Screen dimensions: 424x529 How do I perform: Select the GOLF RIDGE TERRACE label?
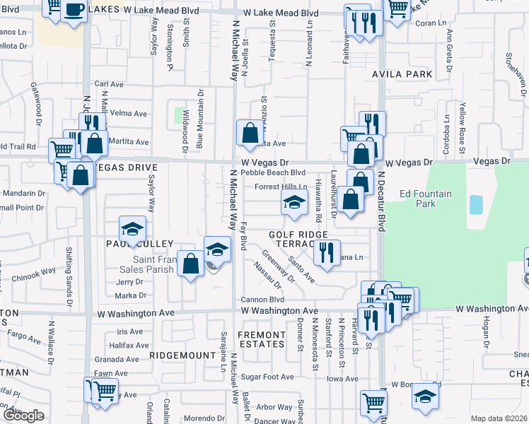tap(298, 239)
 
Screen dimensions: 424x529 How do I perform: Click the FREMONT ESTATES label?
tap(261, 339)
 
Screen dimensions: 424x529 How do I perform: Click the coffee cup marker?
tap(74, 9)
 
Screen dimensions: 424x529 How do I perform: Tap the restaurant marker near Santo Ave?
tap(325, 252)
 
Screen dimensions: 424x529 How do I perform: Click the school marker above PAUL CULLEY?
tap(132, 228)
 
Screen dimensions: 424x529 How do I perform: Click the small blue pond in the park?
tap(476, 205)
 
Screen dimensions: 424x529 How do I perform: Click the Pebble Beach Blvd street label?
tap(273, 172)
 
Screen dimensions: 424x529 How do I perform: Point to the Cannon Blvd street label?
tap(262, 300)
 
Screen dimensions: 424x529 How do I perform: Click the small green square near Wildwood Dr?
tap(180, 114)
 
